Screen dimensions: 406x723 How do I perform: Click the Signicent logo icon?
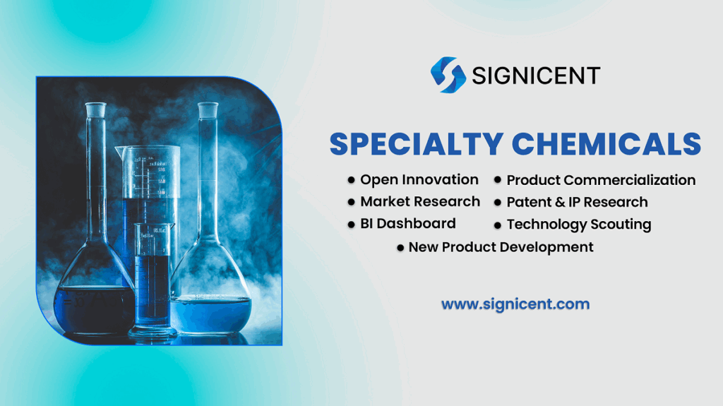point(448,75)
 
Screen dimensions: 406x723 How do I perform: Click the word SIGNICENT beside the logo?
point(536,76)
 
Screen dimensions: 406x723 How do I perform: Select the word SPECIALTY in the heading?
point(416,143)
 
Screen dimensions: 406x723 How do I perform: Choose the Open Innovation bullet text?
point(419,180)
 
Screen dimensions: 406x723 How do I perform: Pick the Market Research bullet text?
point(420,202)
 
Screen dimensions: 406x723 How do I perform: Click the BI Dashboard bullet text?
point(408,224)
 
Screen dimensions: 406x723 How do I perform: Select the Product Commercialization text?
point(601,181)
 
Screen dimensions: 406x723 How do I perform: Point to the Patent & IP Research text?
point(577,203)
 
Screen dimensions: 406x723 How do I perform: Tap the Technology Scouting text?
point(578,225)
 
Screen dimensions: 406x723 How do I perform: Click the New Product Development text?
point(501,247)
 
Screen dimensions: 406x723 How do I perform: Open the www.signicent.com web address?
point(515,305)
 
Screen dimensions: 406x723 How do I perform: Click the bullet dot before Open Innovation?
point(351,181)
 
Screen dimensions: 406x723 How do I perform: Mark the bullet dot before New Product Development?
point(400,248)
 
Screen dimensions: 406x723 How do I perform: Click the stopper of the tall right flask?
point(208,109)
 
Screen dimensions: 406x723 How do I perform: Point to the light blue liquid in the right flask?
point(212,314)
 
